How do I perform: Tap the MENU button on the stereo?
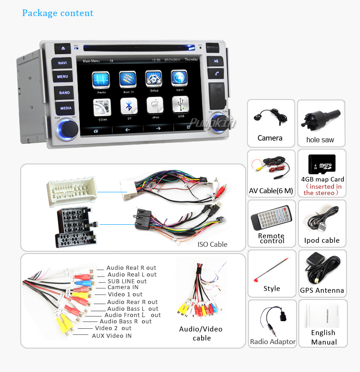(63, 77)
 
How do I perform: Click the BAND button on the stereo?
(64, 93)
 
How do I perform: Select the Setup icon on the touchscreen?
(153, 79)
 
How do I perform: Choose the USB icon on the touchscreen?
(180, 105)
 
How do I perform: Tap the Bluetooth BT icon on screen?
(128, 106)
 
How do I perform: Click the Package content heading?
(58, 13)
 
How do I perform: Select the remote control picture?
(271, 218)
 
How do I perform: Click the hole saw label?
(320, 140)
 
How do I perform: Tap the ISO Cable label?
(212, 245)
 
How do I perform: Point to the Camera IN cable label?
(123, 287)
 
